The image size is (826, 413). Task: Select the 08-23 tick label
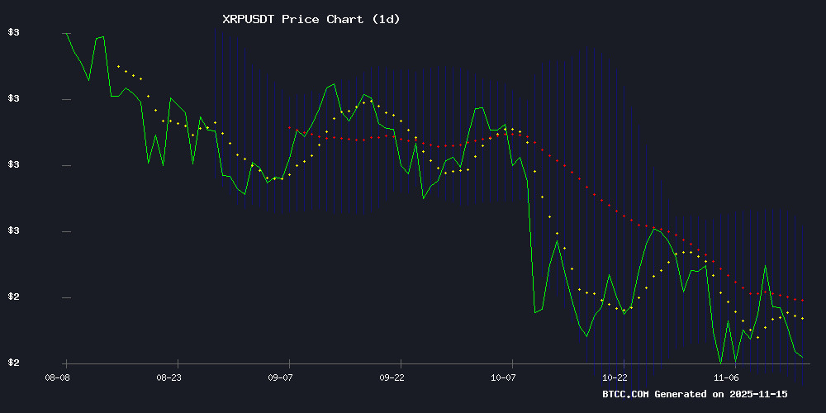pyautogui.click(x=169, y=377)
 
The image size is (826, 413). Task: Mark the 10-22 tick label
pyautogui.click(x=616, y=377)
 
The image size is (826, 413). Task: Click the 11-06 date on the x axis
pyautogui.click(x=728, y=377)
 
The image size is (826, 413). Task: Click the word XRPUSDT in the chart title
pyautogui.click(x=249, y=19)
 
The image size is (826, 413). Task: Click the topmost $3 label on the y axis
pyautogui.click(x=13, y=33)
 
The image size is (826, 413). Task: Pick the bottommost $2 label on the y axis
pyautogui.click(x=13, y=363)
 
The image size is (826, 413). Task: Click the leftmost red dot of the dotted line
pyautogui.click(x=289, y=127)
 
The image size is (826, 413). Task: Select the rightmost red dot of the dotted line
pyautogui.click(x=802, y=301)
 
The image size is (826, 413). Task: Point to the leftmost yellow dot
pyautogui.click(x=118, y=66)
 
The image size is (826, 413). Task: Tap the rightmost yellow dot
pyautogui.click(x=802, y=318)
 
